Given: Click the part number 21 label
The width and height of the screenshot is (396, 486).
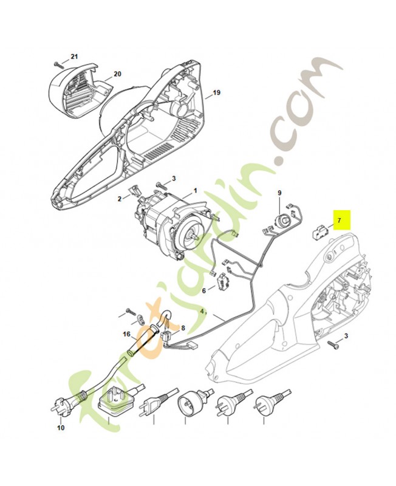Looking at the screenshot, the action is coord(74,56).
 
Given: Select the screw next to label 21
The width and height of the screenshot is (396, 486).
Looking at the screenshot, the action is coord(58,64).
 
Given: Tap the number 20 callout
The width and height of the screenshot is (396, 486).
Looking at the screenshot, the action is coord(117,74).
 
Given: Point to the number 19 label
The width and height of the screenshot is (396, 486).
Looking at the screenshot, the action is coord(217,93).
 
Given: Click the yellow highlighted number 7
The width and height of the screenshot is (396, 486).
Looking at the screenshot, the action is coord(339,221).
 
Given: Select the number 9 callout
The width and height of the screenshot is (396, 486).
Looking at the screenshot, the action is coord(279,193).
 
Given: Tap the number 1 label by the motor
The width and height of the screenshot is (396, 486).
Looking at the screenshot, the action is coord(195,191).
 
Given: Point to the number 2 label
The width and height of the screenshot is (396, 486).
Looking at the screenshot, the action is coord(120,199).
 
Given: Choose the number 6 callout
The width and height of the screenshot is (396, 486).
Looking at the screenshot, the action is coord(203,291).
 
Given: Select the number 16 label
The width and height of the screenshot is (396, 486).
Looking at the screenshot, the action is coord(127,334).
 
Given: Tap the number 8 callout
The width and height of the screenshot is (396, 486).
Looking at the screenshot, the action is coord(183,328).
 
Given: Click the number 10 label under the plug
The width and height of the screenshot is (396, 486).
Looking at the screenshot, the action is coord(61,428).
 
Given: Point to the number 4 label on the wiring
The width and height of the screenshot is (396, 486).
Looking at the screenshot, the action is coord(202,312).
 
